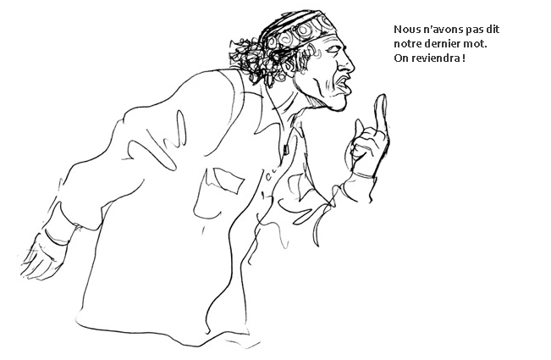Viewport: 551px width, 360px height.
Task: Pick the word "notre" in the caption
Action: tap(407, 44)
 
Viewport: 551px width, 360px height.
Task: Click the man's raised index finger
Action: tap(381, 113)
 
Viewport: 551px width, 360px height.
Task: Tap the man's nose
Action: tap(347, 64)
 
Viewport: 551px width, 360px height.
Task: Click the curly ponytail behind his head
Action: tap(251, 58)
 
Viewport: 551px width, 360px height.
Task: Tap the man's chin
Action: tap(335, 102)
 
